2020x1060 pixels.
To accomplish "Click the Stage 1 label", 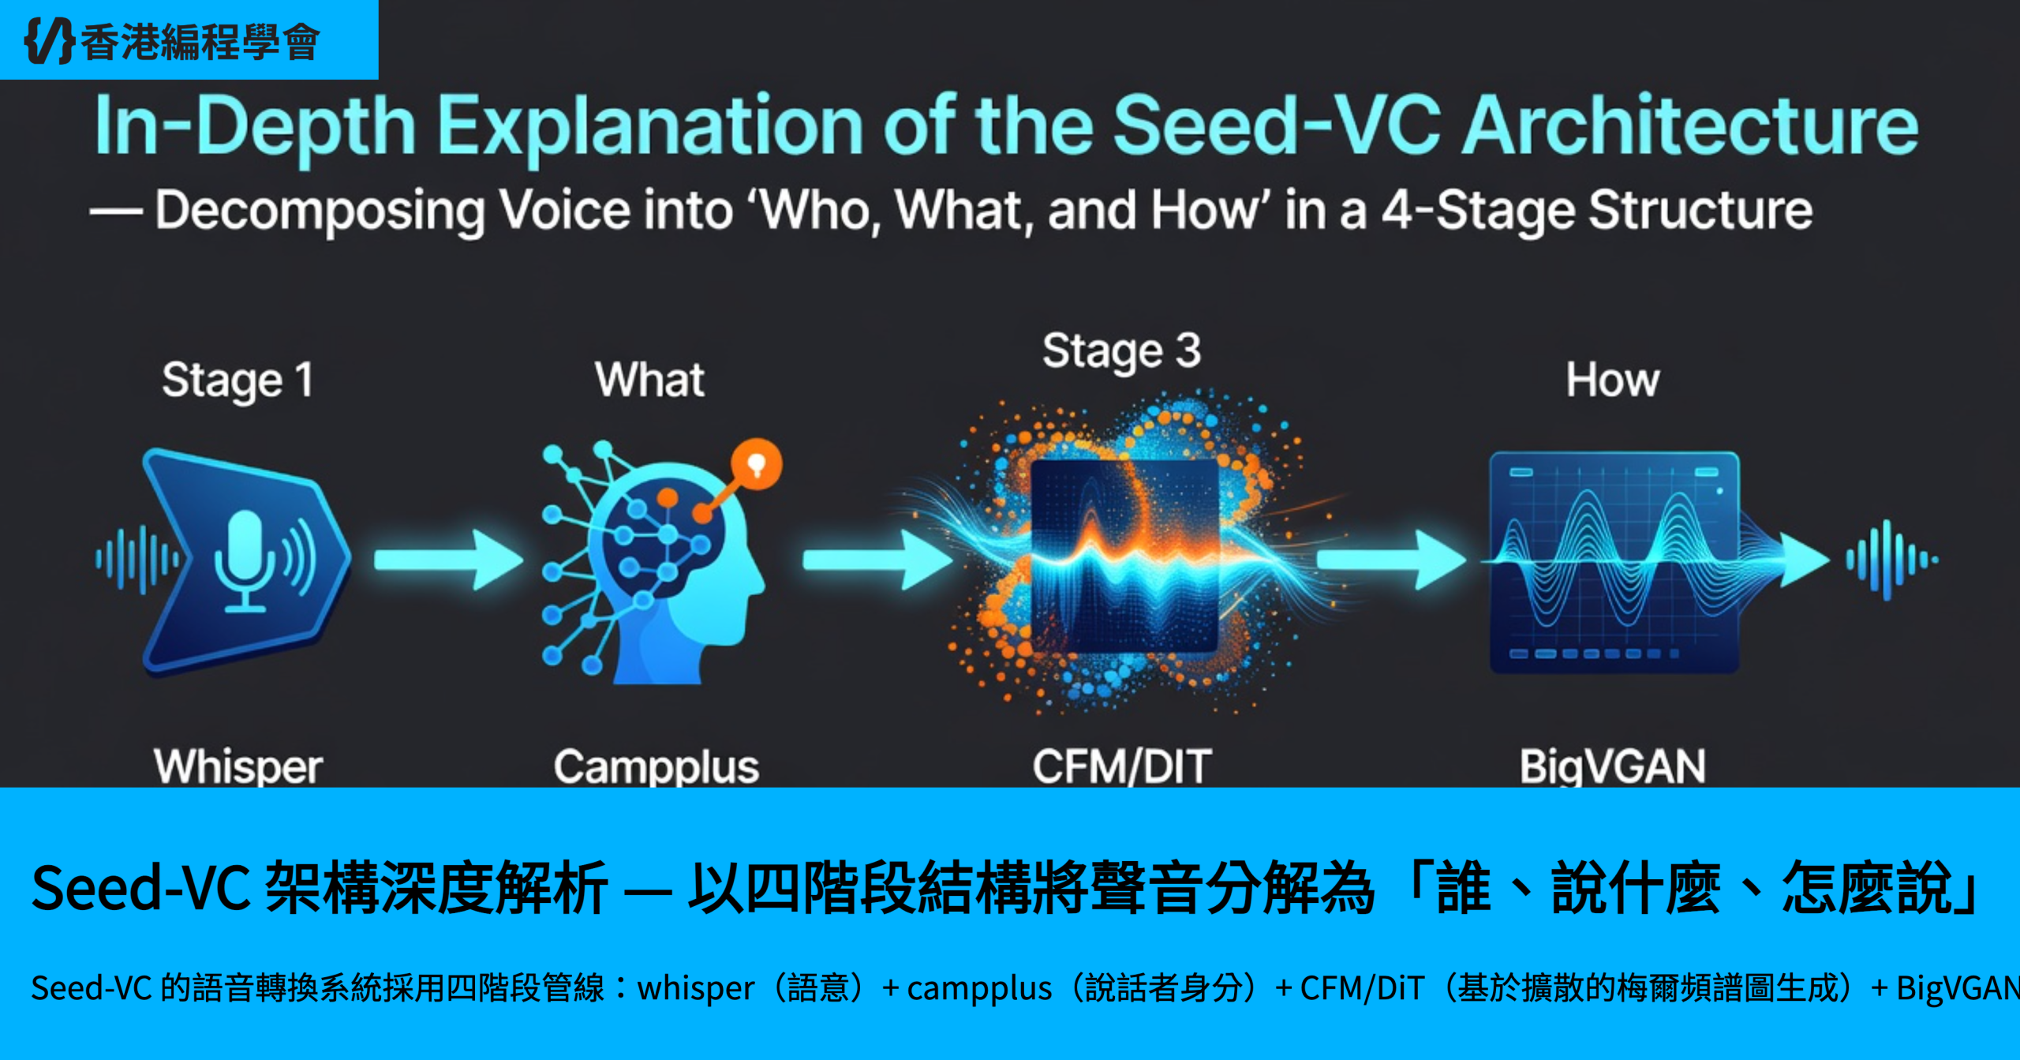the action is [x=238, y=380].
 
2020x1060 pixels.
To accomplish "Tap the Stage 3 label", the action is [x=1121, y=351].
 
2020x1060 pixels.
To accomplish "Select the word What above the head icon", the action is [x=649, y=380].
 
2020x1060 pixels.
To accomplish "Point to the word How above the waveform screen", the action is [x=1613, y=380].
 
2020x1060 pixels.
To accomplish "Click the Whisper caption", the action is [x=238, y=766].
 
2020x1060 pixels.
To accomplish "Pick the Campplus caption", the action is [x=656, y=766].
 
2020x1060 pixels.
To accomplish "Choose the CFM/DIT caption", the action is [x=1122, y=766].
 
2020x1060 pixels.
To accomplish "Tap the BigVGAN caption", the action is [x=1613, y=766].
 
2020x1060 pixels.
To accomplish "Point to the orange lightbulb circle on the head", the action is [x=757, y=464].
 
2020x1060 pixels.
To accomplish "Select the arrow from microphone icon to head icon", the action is [x=448, y=560].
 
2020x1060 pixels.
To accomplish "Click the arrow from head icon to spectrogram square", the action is [x=877, y=560].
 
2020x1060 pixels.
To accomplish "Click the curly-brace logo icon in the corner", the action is [x=50, y=40].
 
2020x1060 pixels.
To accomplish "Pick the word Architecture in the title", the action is [x=1690, y=125].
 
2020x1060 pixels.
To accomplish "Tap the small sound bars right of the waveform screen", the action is [x=1891, y=560].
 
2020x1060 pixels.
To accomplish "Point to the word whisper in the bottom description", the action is [x=695, y=988].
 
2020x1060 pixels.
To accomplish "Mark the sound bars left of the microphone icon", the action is [x=138, y=560].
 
